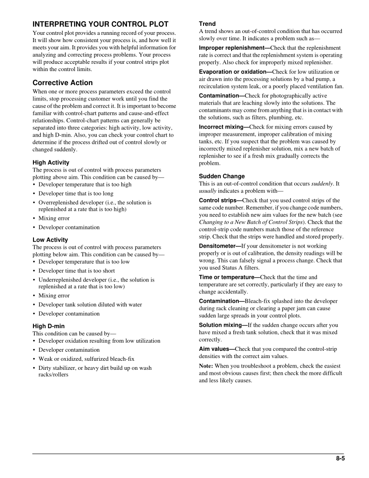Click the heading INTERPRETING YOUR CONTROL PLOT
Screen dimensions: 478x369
click(x=100, y=24)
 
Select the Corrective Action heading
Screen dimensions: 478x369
click(x=62, y=83)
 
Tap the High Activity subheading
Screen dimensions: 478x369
click(x=51, y=163)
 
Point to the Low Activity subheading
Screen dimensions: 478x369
click(x=50, y=239)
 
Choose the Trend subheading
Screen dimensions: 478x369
click(x=207, y=24)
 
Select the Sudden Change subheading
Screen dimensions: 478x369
click(x=222, y=176)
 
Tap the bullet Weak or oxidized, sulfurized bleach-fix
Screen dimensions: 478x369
click(x=86, y=359)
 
